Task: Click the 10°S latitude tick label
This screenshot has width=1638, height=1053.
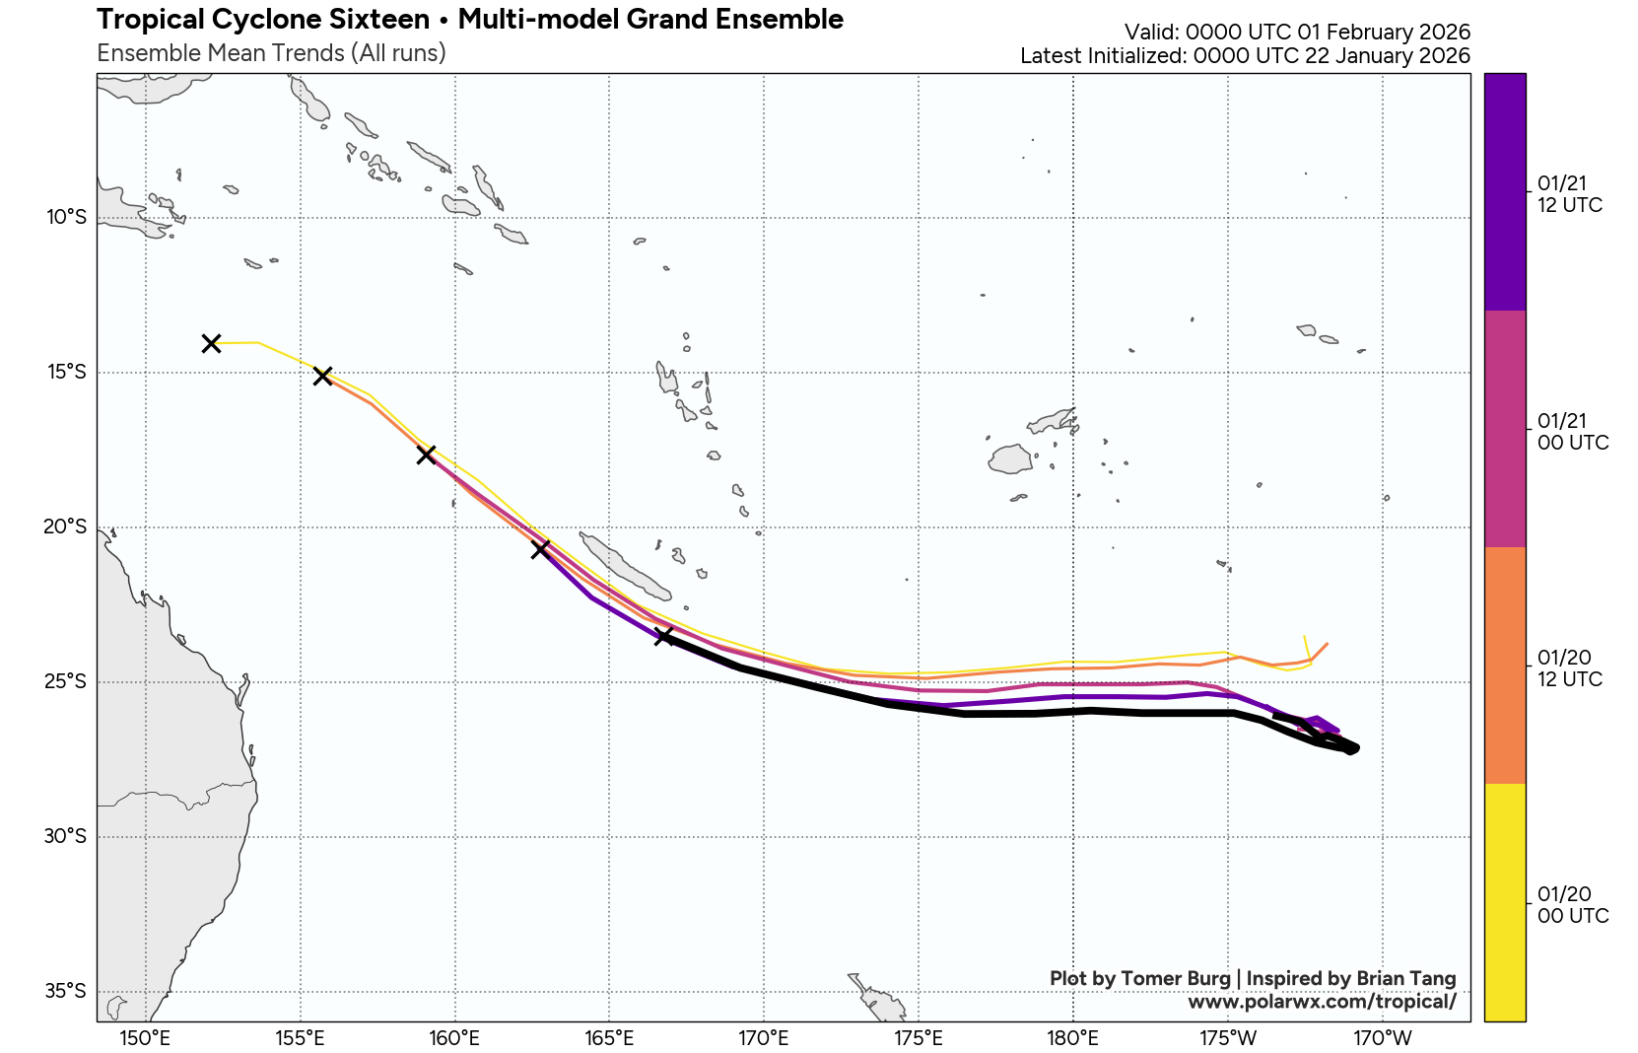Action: [x=66, y=217]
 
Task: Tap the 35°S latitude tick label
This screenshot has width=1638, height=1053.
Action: [x=65, y=991]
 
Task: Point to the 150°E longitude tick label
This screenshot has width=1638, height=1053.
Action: [x=145, y=1038]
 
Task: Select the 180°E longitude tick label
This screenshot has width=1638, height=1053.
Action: [x=1072, y=1038]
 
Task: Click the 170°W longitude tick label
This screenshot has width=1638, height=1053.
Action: [x=1382, y=1038]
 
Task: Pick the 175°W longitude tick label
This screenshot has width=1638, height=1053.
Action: [x=1227, y=1038]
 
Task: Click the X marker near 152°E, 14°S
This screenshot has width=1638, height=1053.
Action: [x=211, y=343]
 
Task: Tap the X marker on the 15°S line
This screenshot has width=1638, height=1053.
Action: [x=322, y=376]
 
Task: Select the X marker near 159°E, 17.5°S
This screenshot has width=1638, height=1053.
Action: [x=426, y=455]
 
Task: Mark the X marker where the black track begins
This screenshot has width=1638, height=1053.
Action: [x=663, y=636]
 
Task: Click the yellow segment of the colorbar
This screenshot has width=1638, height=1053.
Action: [x=1504, y=902]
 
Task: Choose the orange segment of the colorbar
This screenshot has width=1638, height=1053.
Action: [x=1504, y=666]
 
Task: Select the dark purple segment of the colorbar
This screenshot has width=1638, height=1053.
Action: [x=1504, y=192]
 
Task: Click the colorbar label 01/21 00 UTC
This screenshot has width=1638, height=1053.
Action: [x=1572, y=432]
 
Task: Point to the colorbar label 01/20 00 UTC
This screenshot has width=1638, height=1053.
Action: [x=1572, y=905]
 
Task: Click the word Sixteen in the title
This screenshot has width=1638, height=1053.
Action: [x=380, y=20]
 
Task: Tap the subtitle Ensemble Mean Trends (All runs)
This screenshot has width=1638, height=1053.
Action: [x=271, y=53]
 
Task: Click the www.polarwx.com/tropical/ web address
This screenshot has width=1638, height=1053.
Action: [x=1322, y=1002]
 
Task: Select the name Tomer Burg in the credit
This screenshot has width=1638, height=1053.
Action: [x=1176, y=978]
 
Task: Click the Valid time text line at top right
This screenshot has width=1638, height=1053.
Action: [x=1297, y=32]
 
